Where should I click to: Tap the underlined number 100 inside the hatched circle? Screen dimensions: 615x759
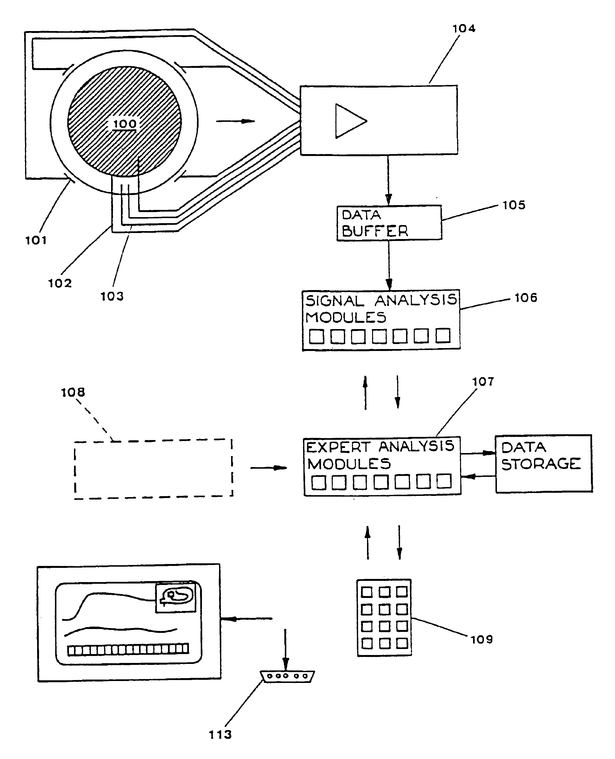(x=125, y=124)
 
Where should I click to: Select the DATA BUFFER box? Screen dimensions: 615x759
(x=389, y=223)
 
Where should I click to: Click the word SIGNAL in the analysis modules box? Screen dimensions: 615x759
(x=335, y=301)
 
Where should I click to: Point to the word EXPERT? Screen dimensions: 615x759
(x=338, y=447)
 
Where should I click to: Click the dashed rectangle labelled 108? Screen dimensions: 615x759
(x=154, y=469)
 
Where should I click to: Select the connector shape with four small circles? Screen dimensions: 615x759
(x=287, y=676)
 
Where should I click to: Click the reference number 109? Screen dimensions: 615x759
(x=481, y=639)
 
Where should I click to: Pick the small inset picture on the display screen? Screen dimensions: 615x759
(x=176, y=598)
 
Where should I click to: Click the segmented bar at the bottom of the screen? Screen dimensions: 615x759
(x=128, y=649)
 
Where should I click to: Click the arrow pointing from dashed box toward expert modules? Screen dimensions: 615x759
(x=268, y=468)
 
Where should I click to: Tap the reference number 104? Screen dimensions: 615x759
(x=464, y=29)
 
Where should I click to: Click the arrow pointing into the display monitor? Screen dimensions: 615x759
(x=247, y=618)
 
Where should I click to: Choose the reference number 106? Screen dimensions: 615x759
(x=526, y=298)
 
